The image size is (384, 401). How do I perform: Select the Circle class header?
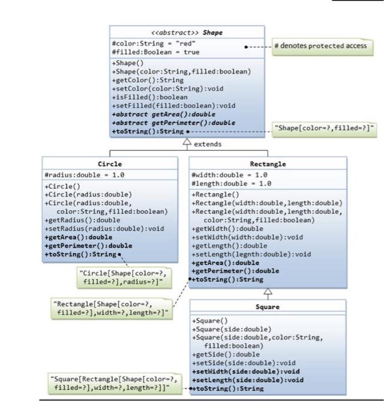(110, 164)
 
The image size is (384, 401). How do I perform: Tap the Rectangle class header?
(268, 164)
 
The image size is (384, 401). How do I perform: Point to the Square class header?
(268, 307)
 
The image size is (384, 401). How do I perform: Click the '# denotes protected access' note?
(321, 46)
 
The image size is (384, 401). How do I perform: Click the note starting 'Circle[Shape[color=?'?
(122, 277)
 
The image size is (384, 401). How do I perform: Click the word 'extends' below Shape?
(207, 144)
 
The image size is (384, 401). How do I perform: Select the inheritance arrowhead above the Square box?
(268, 292)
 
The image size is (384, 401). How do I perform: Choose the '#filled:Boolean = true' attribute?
(156, 52)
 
